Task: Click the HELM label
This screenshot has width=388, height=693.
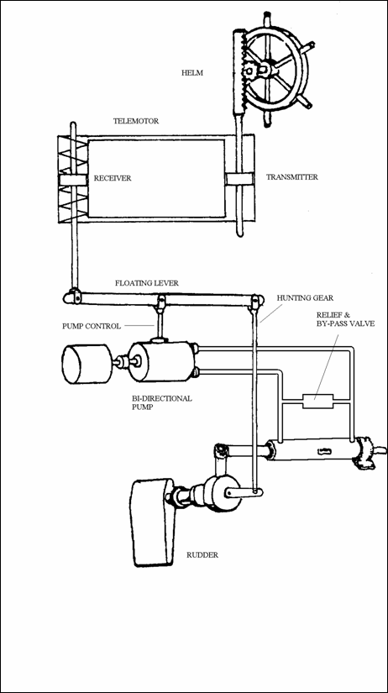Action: click(x=192, y=73)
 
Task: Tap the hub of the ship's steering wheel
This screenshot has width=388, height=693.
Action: click(x=264, y=69)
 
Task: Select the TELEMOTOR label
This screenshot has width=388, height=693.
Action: click(x=136, y=121)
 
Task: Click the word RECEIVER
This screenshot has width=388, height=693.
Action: click(x=113, y=179)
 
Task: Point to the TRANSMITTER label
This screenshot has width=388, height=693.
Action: click(x=291, y=177)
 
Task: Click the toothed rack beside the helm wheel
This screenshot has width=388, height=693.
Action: click(x=239, y=71)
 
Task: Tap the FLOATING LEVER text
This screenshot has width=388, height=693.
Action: click(x=147, y=283)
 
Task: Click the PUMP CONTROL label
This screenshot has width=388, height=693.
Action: click(x=91, y=327)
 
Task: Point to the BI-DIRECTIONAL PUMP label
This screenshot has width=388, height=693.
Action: click(x=162, y=402)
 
